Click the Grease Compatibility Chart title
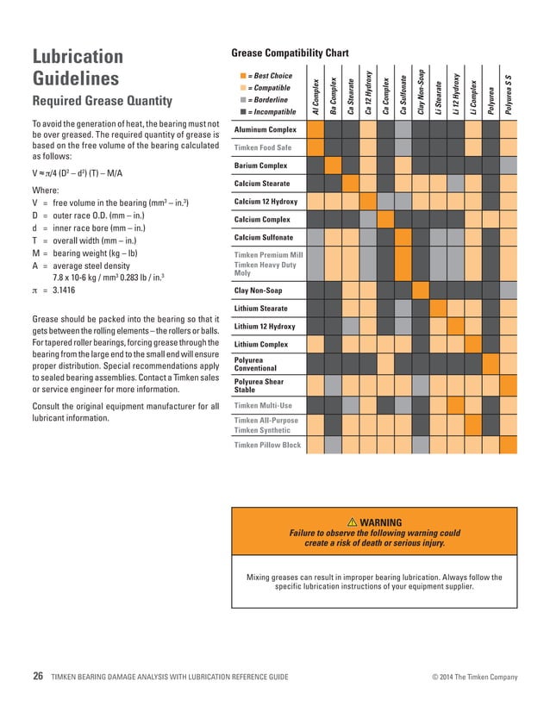click(x=290, y=53)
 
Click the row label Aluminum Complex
click(x=266, y=129)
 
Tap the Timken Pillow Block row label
click(x=267, y=445)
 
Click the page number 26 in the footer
click(x=37, y=677)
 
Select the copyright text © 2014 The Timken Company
click(x=474, y=678)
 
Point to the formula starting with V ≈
click(x=89, y=172)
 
